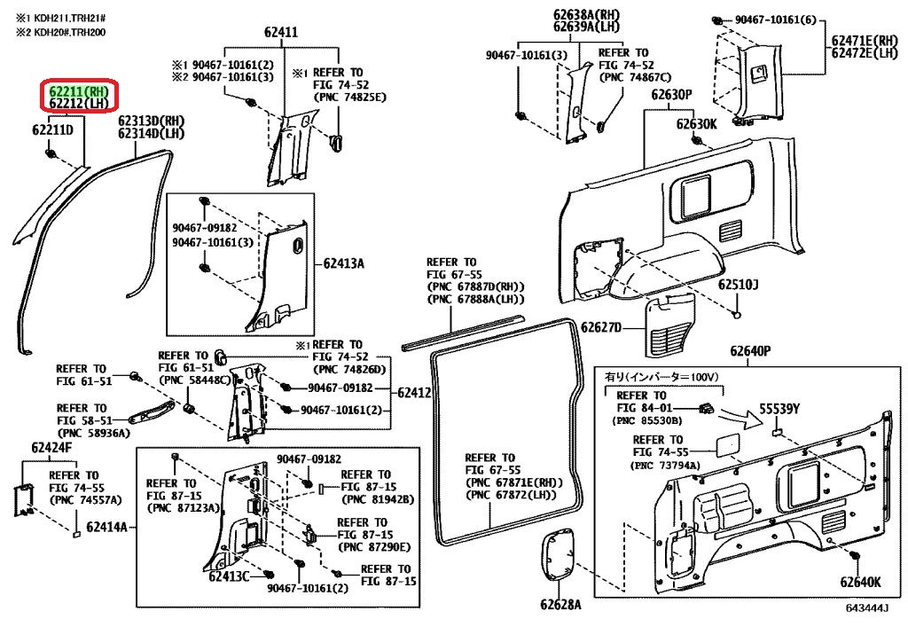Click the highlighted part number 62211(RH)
80,90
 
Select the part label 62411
280,34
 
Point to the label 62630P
671,95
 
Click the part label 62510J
740,285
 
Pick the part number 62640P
751,352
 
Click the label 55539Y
779,409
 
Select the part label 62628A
560,605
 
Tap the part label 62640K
860,583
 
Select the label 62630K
697,123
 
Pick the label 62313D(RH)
152,121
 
